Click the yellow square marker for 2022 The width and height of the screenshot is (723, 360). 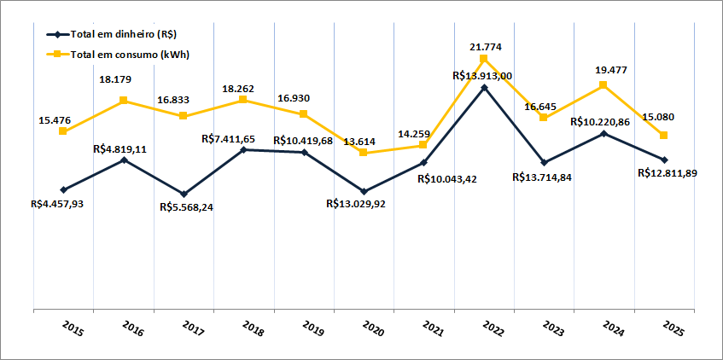(x=483, y=59)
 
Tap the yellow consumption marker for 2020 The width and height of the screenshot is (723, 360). (x=364, y=153)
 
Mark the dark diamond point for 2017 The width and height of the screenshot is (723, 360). (x=184, y=194)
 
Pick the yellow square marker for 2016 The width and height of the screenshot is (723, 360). (x=124, y=101)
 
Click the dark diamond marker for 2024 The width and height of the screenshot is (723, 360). (x=603, y=133)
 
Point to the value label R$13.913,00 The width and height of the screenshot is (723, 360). (x=482, y=76)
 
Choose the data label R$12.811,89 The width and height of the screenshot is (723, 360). (x=668, y=173)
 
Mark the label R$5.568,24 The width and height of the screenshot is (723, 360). (x=186, y=207)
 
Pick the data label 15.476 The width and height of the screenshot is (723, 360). (x=55, y=121)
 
